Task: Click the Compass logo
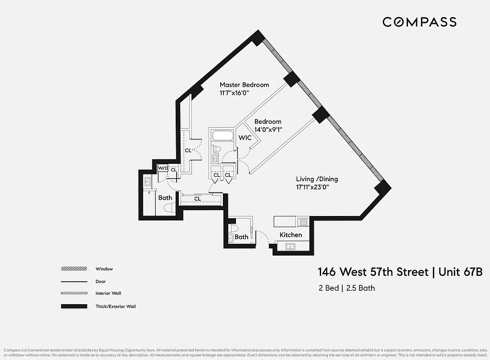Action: (419, 22)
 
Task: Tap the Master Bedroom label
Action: (244, 85)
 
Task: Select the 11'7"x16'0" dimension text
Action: (234, 93)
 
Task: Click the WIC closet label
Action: (245, 138)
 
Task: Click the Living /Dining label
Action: (317, 179)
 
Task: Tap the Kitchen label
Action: (290, 235)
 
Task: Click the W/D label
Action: (162, 168)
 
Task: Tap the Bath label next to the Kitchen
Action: (241, 237)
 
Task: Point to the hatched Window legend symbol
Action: (74, 269)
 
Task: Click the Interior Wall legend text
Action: (108, 293)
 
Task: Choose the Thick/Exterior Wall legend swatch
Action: (74, 306)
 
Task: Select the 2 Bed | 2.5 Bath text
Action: (346, 288)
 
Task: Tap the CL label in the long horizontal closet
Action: (197, 199)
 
